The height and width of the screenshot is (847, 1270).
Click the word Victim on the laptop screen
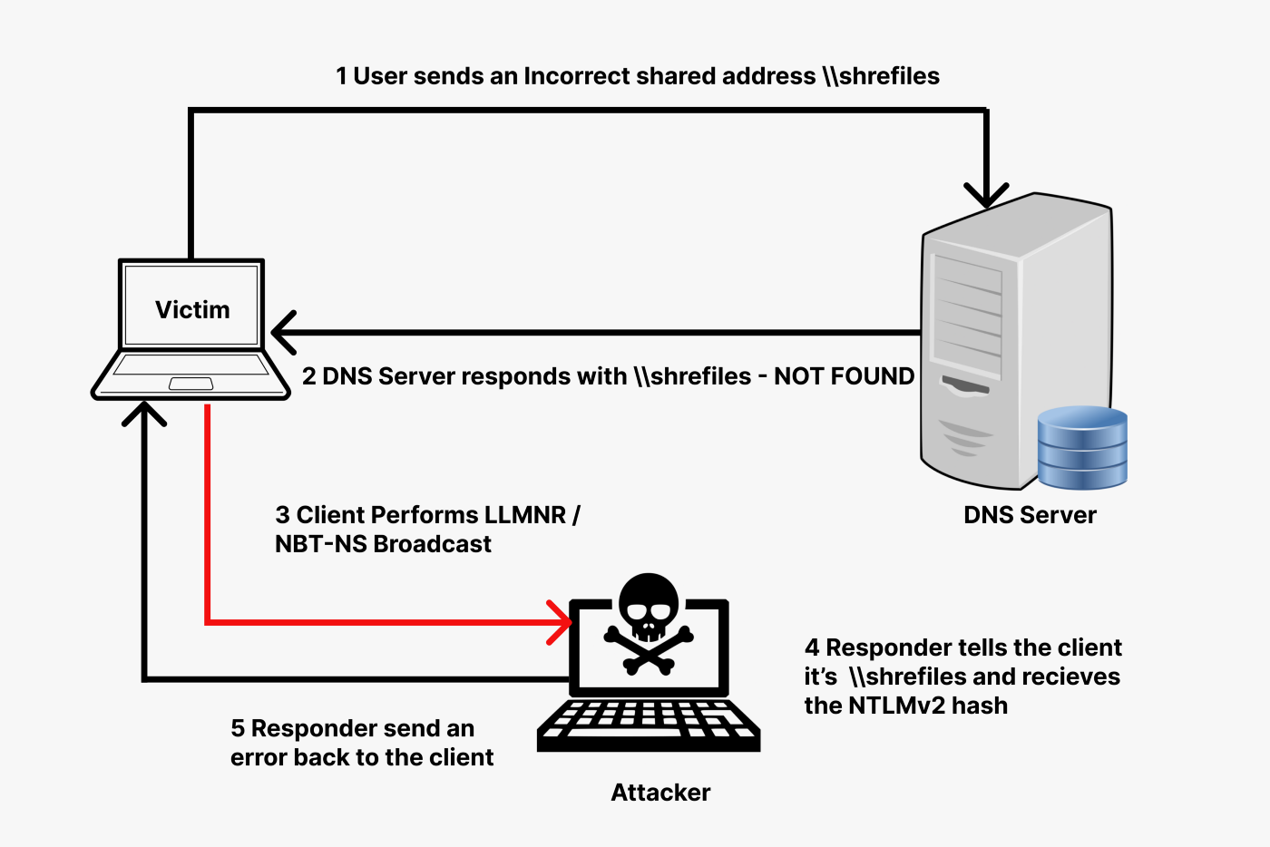(x=192, y=310)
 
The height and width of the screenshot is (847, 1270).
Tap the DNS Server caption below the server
(x=1030, y=515)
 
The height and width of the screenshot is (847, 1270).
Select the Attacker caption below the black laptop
(x=660, y=793)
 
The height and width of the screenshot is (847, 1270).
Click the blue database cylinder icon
(x=1082, y=447)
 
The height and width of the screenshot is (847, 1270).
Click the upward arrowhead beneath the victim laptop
(x=144, y=414)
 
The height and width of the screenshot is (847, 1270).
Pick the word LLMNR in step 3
(x=524, y=515)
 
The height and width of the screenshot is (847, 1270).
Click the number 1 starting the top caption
(x=341, y=76)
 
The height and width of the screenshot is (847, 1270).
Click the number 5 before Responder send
(x=238, y=729)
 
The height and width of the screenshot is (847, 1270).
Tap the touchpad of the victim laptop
(x=190, y=384)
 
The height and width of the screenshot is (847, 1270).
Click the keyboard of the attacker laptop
(x=648, y=722)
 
